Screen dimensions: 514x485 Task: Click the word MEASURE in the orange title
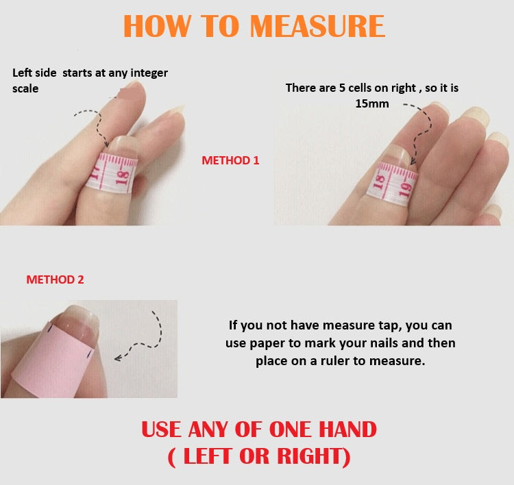pyautogui.click(x=317, y=26)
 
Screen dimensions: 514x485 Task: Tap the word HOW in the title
pyautogui.click(x=157, y=26)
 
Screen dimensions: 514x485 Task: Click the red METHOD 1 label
pyautogui.click(x=230, y=160)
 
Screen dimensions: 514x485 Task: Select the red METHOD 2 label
pyautogui.click(x=55, y=279)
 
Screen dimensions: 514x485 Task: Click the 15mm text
pyautogui.click(x=372, y=103)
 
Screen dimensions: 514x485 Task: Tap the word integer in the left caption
pyautogui.click(x=149, y=73)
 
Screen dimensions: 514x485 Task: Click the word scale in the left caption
pyautogui.click(x=25, y=88)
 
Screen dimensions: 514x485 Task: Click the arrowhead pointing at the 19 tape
pyautogui.click(x=413, y=161)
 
